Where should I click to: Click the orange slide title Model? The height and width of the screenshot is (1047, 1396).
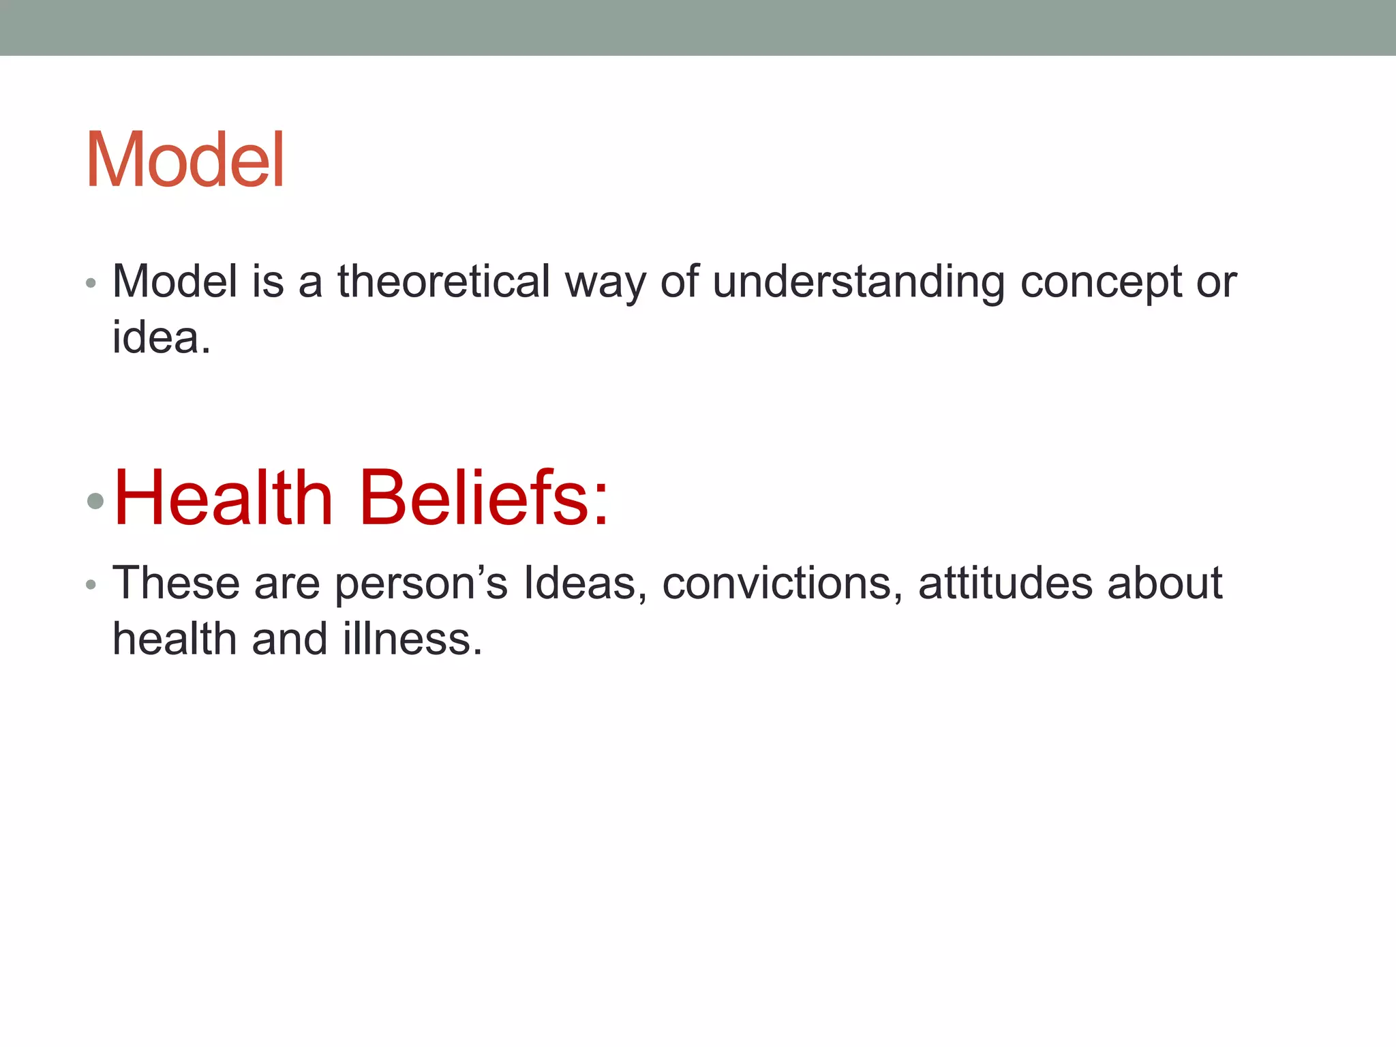point(185,160)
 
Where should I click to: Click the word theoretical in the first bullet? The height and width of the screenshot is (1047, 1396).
point(444,282)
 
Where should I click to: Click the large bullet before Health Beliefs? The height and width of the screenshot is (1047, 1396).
point(96,502)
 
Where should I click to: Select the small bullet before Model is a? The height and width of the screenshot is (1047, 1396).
point(91,283)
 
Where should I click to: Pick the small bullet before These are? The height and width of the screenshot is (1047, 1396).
point(91,585)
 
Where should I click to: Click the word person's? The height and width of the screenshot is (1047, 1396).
point(421,585)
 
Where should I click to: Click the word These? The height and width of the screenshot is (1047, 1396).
point(176,583)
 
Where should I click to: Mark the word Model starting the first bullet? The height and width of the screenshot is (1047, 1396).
point(175,281)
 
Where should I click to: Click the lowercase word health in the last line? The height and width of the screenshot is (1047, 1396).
point(174,639)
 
